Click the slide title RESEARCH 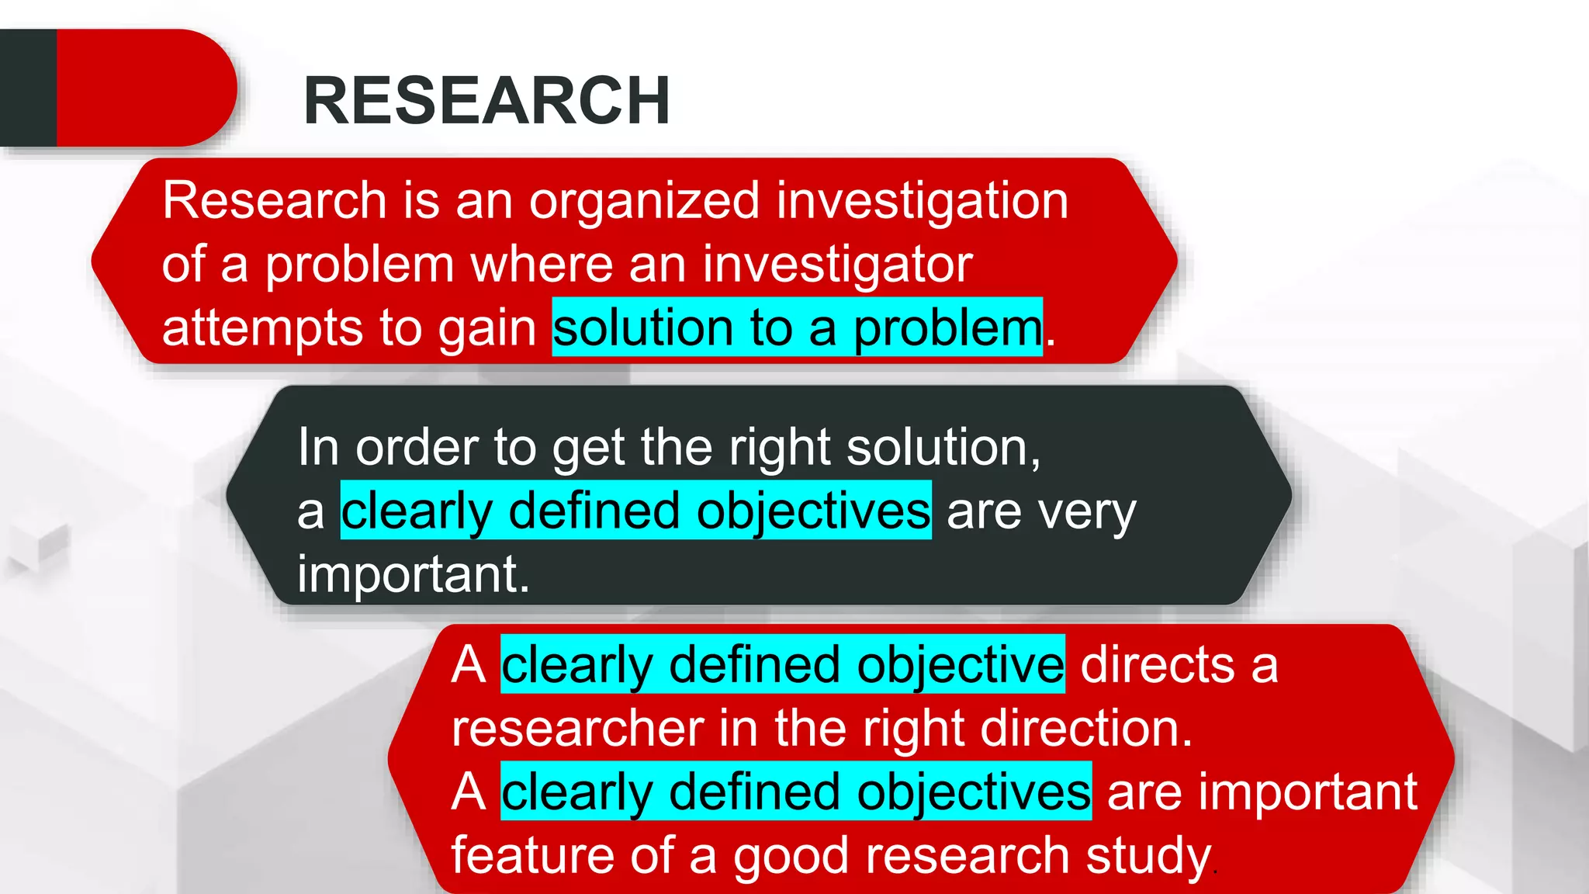(486, 101)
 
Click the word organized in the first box (644, 202)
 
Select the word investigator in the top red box (837, 265)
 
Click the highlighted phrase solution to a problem (797, 328)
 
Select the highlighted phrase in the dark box (635, 511)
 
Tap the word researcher (577, 729)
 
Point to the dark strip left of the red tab (28, 88)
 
